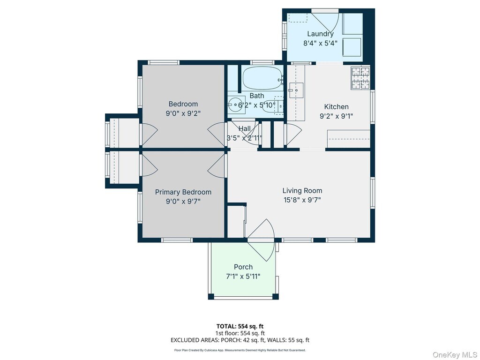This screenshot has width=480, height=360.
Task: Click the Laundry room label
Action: click(320, 34)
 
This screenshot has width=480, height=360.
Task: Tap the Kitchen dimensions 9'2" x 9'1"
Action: click(337, 116)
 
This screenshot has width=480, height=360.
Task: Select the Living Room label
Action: click(302, 191)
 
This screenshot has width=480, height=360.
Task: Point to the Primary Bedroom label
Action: click(183, 192)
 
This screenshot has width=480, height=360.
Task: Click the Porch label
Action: click(243, 267)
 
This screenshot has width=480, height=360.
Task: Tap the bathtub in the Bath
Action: click(262, 78)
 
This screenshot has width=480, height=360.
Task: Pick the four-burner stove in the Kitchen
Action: click(360, 78)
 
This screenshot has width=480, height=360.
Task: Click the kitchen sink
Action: click(296, 90)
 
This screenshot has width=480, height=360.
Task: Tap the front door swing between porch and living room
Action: click(261, 240)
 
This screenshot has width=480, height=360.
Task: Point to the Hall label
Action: click(244, 129)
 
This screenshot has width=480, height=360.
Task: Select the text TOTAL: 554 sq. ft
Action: click(240, 326)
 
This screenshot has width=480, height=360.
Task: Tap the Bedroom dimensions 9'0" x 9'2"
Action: click(183, 113)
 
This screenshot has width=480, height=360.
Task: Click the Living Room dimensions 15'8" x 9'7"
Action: click(302, 200)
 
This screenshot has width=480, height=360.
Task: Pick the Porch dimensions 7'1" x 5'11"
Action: click(243, 277)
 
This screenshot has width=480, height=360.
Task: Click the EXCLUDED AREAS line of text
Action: click(240, 340)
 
